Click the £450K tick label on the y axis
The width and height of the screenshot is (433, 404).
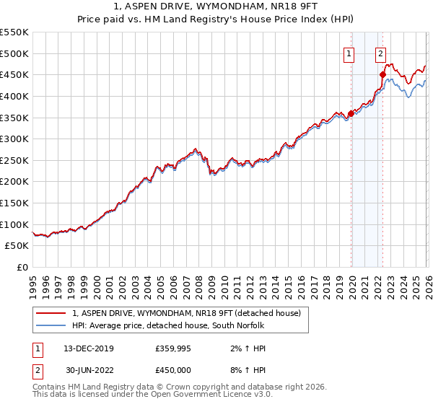coord(14,74)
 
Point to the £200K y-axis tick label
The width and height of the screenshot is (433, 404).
coord(14,181)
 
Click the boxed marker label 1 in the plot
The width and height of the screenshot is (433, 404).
coord(349,52)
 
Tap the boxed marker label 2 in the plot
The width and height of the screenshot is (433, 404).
coord(380,52)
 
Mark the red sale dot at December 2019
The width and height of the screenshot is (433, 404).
coord(351,113)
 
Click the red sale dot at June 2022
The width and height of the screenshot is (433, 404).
coord(382,74)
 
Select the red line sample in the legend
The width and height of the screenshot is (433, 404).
coord(51,312)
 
